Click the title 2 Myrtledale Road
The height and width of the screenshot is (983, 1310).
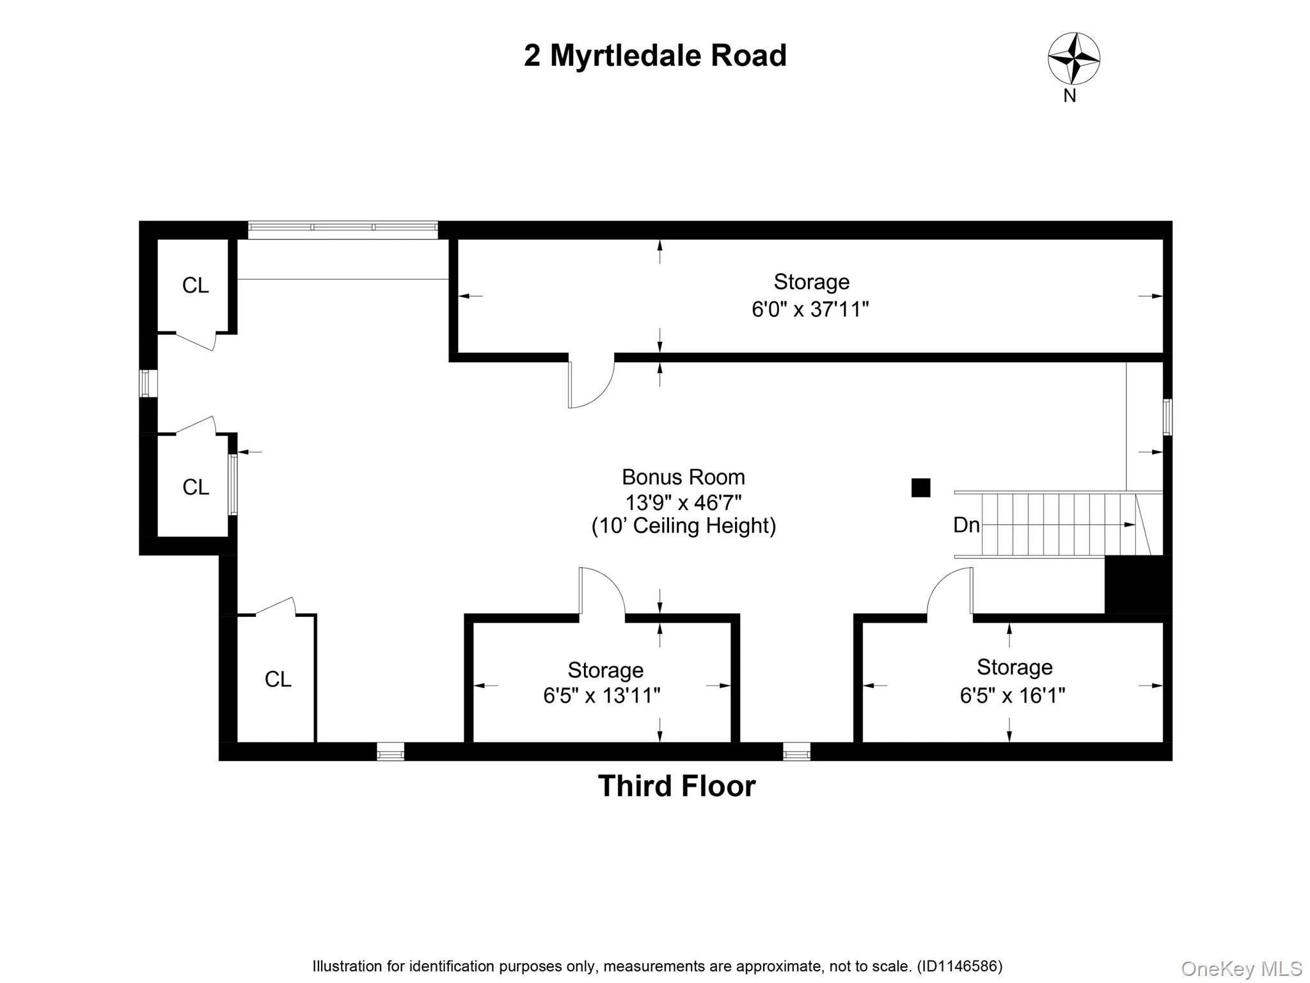(x=655, y=56)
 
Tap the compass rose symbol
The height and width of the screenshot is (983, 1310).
(x=1073, y=58)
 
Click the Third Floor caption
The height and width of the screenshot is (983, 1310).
(x=677, y=786)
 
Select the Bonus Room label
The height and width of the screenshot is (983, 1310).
(x=683, y=477)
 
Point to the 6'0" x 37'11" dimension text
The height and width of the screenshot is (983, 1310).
(x=810, y=310)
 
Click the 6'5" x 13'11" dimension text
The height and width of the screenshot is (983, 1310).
(x=601, y=695)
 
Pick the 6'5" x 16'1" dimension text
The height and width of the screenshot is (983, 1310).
(x=1012, y=695)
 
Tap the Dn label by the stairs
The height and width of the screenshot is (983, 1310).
(x=966, y=525)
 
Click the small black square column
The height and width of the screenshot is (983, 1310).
(x=920, y=488)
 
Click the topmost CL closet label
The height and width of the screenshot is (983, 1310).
(x=195, y=285)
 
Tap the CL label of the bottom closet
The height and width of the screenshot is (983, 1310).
(x=278, y=679)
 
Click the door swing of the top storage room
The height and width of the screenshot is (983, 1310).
(x=590, y=384)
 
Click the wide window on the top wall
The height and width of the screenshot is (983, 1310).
(x=343, y=229)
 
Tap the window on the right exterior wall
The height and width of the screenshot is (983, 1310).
(x=1167, y=417)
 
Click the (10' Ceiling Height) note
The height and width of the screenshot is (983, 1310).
(x=683, y=526)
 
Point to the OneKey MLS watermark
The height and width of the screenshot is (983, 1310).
(x=1241, y=969)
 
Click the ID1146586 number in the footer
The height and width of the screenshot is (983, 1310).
(x=959, y=966)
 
